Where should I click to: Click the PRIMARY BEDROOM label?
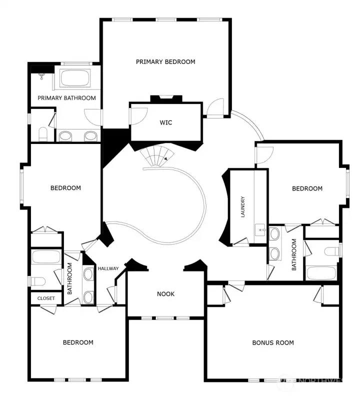pos(165,62)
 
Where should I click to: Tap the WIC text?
pos(165,122)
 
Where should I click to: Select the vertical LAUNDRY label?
pos(242,207)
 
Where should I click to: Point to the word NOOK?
pos(165,294)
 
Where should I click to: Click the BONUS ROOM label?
pos(272,343)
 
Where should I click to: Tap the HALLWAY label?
pos(108,269)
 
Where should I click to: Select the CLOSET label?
pos(45,298)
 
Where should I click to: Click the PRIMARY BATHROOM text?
pos(66,98)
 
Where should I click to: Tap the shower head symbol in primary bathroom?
pos(41,76)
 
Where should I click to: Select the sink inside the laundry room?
pos(260,230)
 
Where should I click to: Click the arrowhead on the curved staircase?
pos(165,158)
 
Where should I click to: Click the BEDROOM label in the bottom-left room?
pos(77,342)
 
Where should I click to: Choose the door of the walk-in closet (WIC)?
pos(138,115)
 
